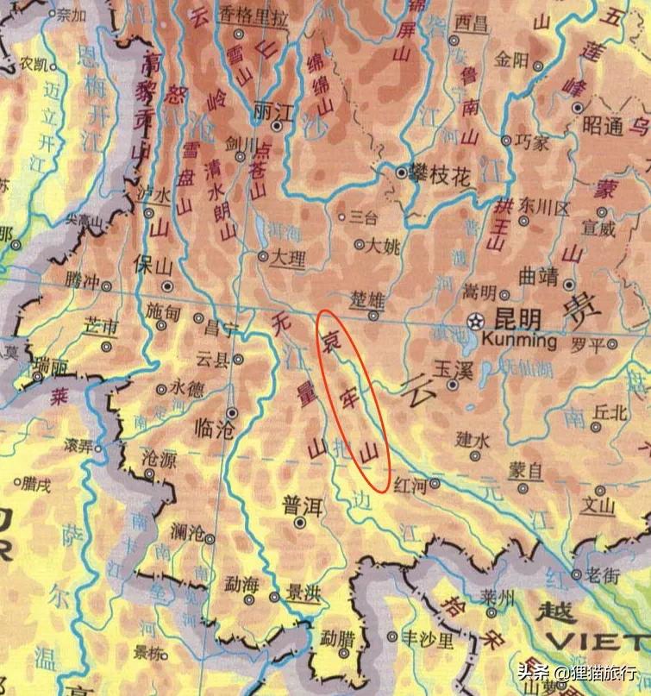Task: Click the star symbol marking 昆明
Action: pos(474,321)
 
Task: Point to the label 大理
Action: pos(287,256)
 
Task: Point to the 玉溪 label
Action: pos(450,367)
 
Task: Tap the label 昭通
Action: pos(603,125)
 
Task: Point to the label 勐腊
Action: pos(336,640)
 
